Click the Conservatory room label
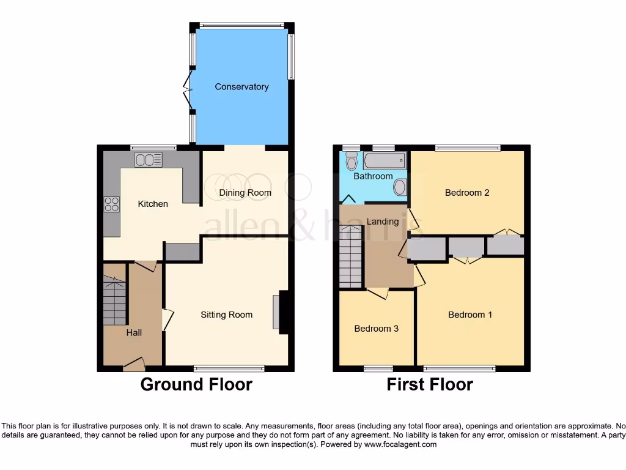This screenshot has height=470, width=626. click(x=241, y=87)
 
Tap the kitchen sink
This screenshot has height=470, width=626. click(x=149, y=160)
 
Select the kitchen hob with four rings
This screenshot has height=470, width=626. click(x=112, y=204)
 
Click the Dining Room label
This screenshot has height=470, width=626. click(x=245, y=193)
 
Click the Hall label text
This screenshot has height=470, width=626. click(x=134, y=332)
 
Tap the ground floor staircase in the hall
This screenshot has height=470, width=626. click(x=114, y=300)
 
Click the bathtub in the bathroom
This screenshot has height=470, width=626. click(x=385, y=162)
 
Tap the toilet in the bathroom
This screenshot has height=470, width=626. click(x=352, y=161)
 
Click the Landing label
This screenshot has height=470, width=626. click(x=383, y=222)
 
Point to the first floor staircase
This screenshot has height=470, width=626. click(x=351, y=256)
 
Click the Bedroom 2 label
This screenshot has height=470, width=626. click(x=467, y=193)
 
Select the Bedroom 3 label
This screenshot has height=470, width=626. click(x=377, y=329)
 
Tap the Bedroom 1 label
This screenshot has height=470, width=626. click(x=470, y=315)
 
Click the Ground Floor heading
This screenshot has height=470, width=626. click(x=196, y=384)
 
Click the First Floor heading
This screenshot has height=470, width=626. click(x=430, y=384)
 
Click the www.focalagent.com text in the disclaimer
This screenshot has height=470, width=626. click(x=400, y=444)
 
